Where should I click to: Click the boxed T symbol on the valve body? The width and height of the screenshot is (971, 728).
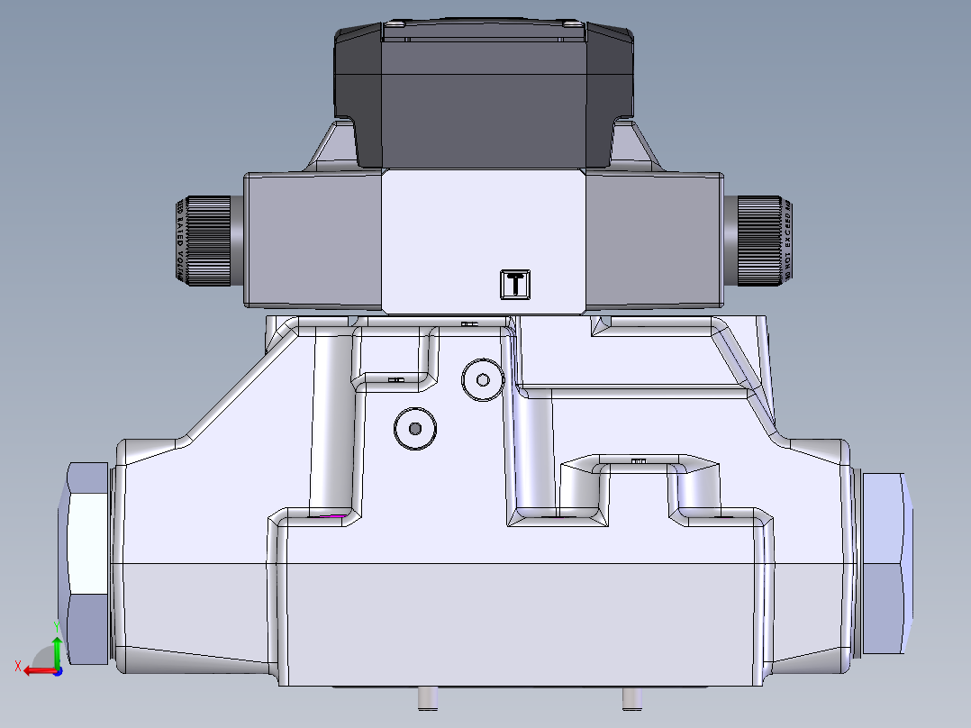click(515, 284)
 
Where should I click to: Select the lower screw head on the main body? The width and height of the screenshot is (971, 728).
click(414, 429)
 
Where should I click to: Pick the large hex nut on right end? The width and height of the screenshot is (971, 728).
click(886, 563)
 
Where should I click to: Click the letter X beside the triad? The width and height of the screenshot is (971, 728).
click(17, 666)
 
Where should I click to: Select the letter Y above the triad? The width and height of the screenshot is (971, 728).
click(56, 625)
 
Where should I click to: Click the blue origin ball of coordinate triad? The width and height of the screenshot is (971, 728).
click(58, 670)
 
